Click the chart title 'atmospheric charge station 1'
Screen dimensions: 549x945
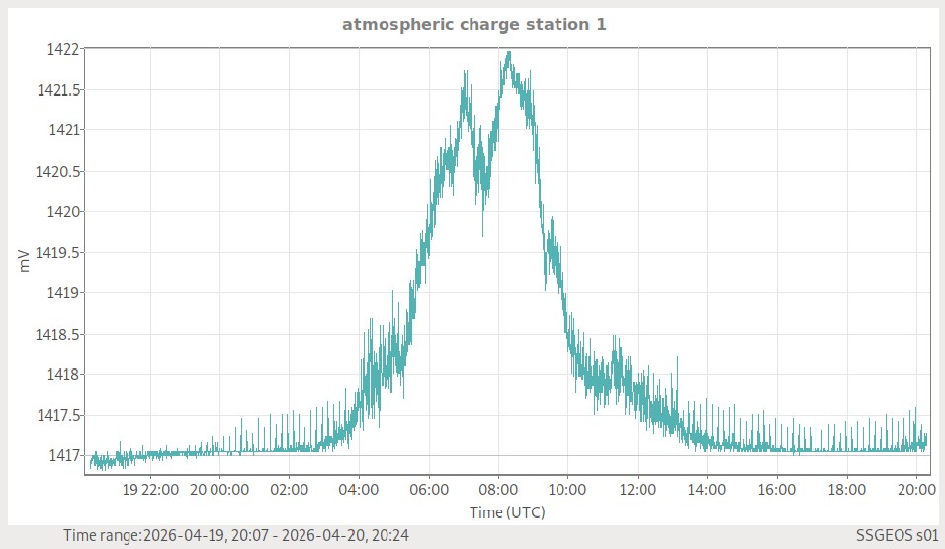click(473, 24)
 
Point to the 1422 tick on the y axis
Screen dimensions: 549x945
click(60, 48)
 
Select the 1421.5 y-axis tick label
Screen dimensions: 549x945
click(58, 90)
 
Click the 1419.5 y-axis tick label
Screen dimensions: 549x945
click(58, 252)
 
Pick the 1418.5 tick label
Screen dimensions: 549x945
click(58, 334)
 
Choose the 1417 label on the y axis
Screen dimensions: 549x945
click(60, 455)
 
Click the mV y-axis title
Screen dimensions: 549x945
click(24, 261)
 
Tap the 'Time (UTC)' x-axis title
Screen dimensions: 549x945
click(507, 512)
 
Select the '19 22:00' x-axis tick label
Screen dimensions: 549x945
click(149, 489)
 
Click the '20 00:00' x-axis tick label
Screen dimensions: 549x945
click(219, 489)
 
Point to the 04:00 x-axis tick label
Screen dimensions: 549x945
click(359, 489)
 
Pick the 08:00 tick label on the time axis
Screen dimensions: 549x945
click(498, 489)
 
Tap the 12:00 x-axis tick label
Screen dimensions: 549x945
click(638, 489)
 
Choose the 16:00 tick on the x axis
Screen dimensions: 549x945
click(777, 489)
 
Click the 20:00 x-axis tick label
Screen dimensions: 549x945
click(916, 489)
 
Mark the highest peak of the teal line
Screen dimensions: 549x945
click(508, 52)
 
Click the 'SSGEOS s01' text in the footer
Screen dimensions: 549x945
click(897, 535)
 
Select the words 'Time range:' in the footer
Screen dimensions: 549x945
click(102, 535)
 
